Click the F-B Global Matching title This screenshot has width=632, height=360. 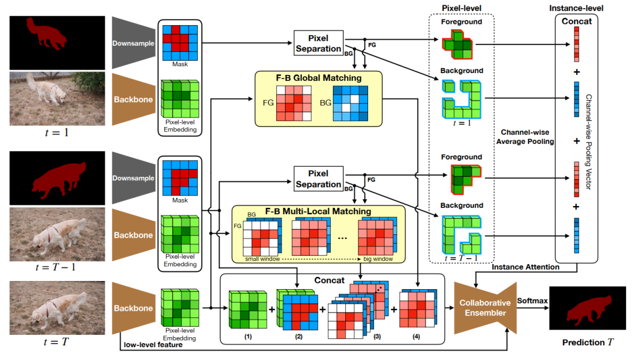coord(318,77)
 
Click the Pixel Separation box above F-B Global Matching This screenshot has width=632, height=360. coord(318,43)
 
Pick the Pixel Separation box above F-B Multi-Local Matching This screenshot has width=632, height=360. coord(318,179)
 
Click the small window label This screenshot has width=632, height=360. coord(262,258)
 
